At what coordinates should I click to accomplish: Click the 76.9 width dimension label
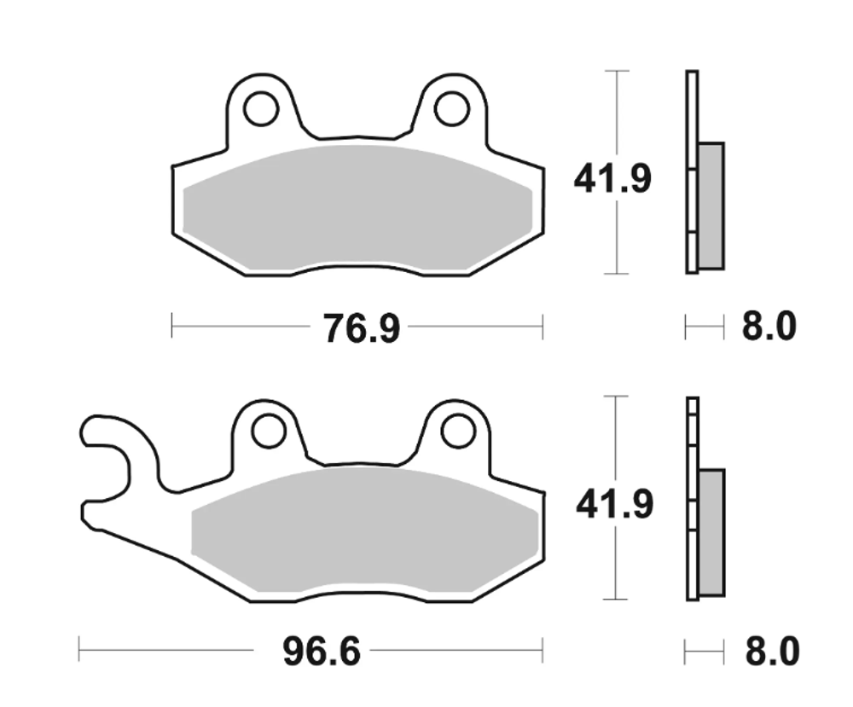[361, 327]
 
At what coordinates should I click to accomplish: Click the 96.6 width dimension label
[322, 653]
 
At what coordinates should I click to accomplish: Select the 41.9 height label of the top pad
[612, 180]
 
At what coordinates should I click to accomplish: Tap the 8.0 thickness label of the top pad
[768, 327]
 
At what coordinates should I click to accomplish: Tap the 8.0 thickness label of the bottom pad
[771, 653]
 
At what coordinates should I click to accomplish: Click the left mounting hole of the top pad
[260, 109]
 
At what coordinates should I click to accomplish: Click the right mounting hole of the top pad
[451, 108]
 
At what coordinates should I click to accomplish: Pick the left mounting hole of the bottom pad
[268, 431]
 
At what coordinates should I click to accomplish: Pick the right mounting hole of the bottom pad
[458, 431]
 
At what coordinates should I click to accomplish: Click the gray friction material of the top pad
[358, 209]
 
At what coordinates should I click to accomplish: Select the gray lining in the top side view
[711, 205]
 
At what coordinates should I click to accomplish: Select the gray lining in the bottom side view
[711, 530]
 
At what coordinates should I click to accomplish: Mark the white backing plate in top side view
[691, 171]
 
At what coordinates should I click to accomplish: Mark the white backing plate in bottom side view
[692, 499]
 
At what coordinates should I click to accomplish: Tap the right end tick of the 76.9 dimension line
[542, 326]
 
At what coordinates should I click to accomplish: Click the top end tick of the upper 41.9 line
[616, 71]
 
